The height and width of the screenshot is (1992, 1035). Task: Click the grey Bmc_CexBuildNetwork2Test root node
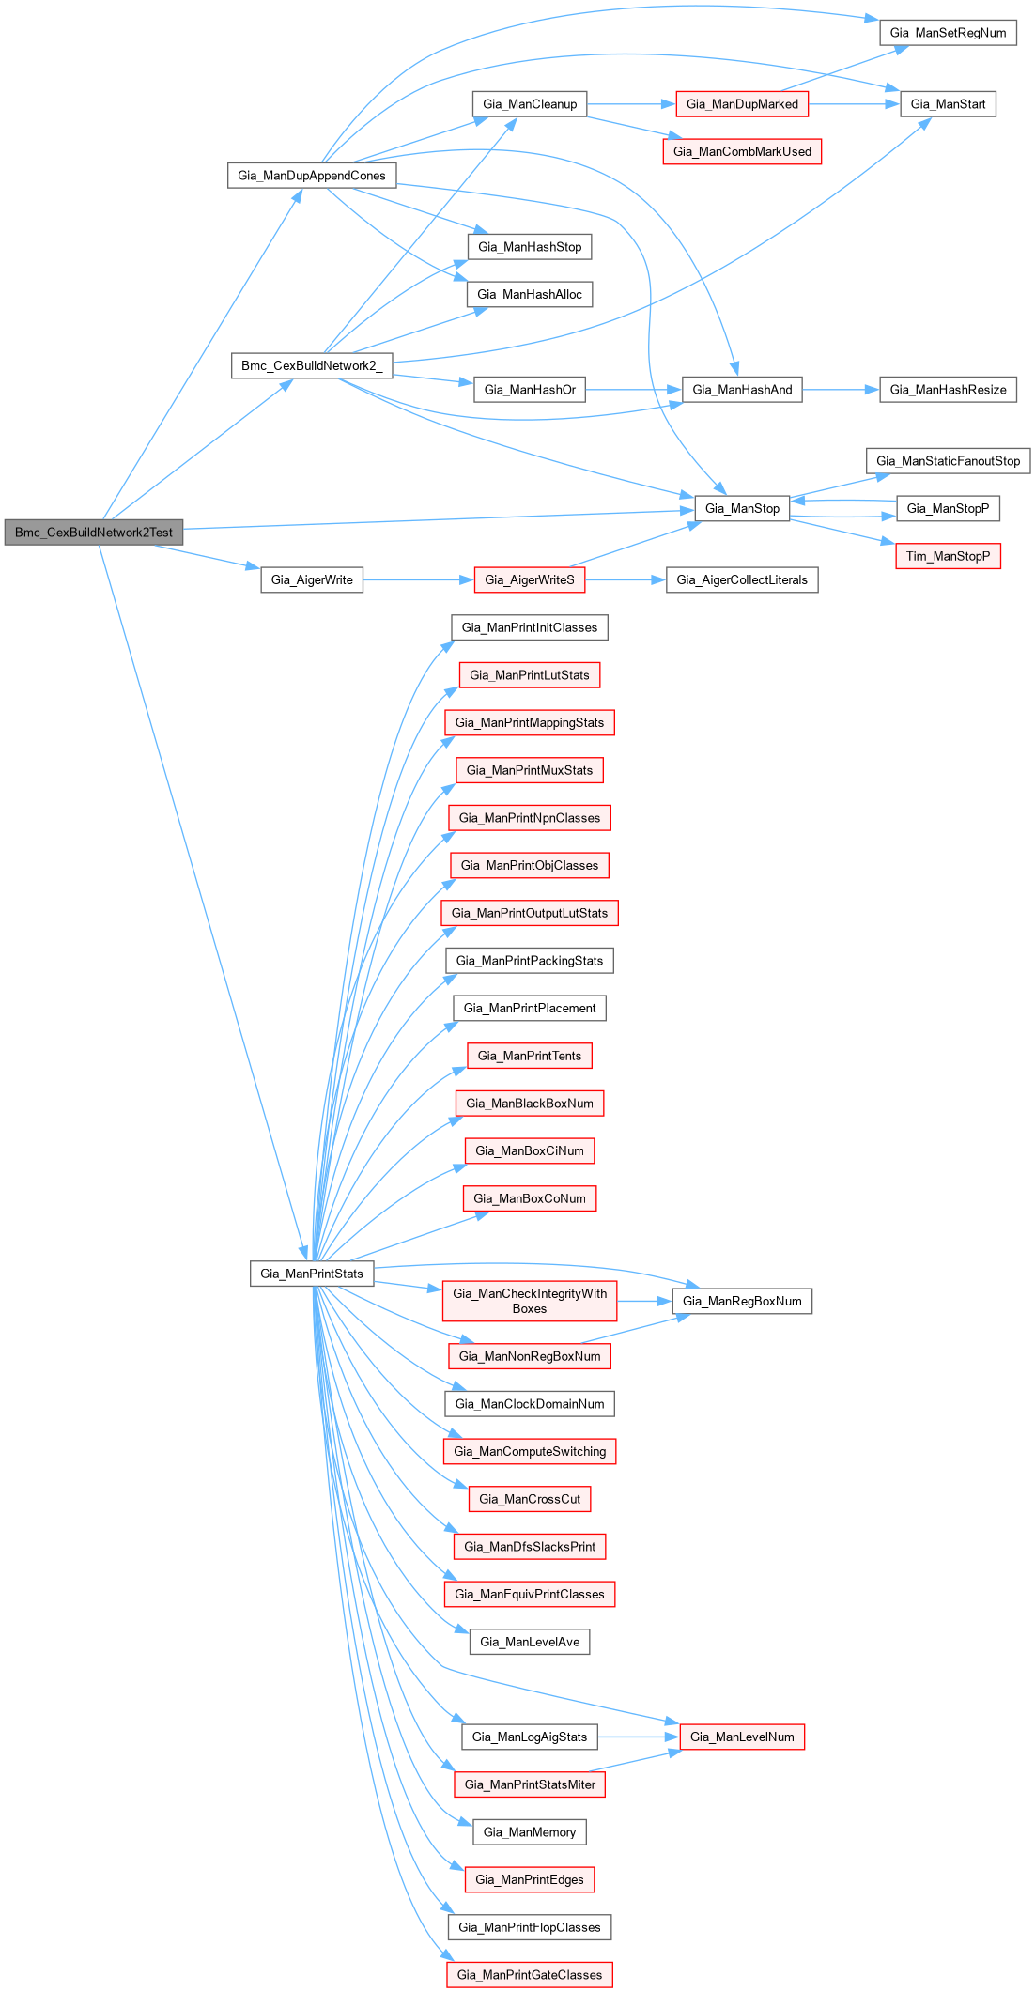[x=94, y=533]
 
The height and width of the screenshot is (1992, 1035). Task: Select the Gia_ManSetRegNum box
[x=948, y=33]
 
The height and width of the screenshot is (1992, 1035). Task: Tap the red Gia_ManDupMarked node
[x=742, y=104]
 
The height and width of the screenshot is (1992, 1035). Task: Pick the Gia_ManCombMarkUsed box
[x=742, y=151]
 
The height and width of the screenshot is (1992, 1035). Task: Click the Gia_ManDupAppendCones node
[x=312, y=176]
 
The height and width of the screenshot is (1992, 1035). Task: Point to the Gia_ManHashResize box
[x=948, y=390]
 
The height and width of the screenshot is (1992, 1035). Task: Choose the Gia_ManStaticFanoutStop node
[x=948, y=461]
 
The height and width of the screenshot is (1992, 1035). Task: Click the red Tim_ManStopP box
[x=948, y=556]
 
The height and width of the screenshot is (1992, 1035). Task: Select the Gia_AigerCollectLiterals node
[x=742, y=580]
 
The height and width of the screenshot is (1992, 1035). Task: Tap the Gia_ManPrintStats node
[x=312, y=1274]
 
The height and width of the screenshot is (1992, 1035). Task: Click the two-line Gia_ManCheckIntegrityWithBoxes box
[x=530, y=1301]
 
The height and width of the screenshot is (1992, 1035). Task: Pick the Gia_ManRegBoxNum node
[x=742, y=1301]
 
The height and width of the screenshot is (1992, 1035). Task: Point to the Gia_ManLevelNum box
[x=742, y=1737]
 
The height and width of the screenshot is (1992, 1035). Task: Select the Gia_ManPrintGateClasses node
[x=530, y=1975]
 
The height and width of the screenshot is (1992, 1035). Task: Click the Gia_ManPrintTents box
[x=530, y=1056]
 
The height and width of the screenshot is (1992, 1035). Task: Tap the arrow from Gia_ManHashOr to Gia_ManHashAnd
[x=634, y=390]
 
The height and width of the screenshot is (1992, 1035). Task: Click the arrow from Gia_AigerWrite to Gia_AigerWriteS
[x=418, y=580]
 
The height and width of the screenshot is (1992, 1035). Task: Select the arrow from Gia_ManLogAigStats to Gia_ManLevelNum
[x=639, y=1737]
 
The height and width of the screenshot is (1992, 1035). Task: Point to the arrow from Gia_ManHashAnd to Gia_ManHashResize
[x=841, y=390]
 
